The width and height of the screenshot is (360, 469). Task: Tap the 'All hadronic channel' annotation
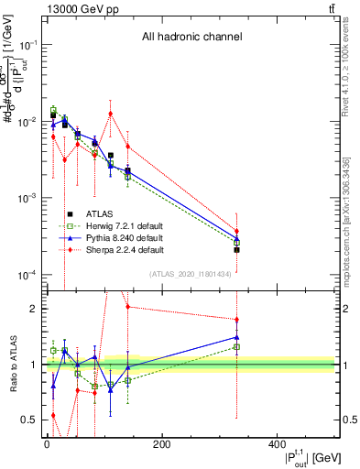click(191, 38)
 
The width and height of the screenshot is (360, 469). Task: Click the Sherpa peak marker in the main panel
click(111, 114)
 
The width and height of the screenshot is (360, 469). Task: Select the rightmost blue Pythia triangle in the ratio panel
click(237, 337)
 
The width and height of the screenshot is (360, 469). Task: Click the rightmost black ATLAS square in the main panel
click(237, 249)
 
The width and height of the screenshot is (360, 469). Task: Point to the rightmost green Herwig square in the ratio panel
click(237, 347)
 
